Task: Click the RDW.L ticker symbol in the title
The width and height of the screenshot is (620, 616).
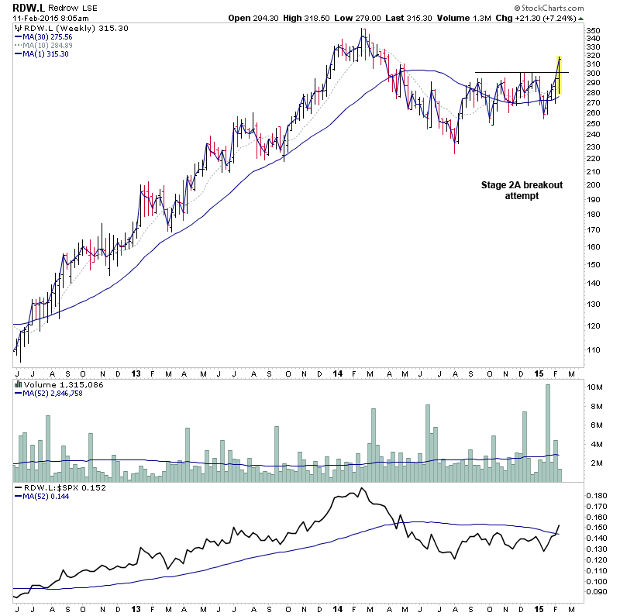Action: click(27, 6)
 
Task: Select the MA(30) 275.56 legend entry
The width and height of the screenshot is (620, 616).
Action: click(46, 36)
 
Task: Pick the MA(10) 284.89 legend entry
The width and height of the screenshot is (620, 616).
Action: click(46, 45)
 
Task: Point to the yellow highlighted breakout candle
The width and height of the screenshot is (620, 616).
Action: click(559, 76)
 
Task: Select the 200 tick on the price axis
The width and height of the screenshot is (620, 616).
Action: click(594, 185)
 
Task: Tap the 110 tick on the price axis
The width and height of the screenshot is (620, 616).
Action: click(594, 350)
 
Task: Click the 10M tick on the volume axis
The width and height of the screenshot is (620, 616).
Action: click(594, 387)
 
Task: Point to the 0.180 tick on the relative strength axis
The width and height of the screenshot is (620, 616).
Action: click(596, 495)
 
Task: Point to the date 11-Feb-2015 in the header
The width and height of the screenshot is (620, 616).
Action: click(37, 18)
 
